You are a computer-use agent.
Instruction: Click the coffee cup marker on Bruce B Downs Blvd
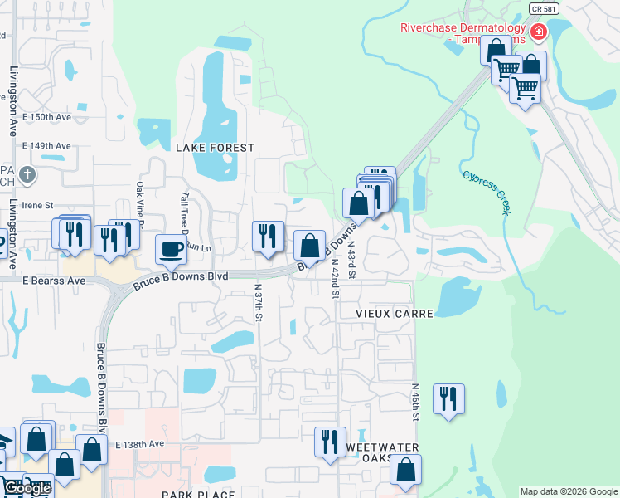pyautogui.click(x=172, y=249)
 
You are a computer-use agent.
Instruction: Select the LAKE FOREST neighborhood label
pyautogui.click(x=214, y=147)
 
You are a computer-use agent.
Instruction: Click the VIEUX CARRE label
pyautogui.click(x=383, y=314)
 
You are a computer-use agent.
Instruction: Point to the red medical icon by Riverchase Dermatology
pyautogui.click(x=538, y=32)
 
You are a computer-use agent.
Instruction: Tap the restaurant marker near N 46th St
pyautogui.click(x=448, y=399)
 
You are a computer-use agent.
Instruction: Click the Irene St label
pyautogui.click(x=37, y=205)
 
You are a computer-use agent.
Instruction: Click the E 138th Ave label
pyautogui.click(x=140, y=445)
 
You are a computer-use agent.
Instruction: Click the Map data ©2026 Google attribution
pyautogui.click(x=569, y=491)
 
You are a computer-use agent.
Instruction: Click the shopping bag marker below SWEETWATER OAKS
pyautogui.click(x=406, y=471)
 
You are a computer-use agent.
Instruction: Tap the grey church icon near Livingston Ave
pyautogui.click(x=28, y=175)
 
